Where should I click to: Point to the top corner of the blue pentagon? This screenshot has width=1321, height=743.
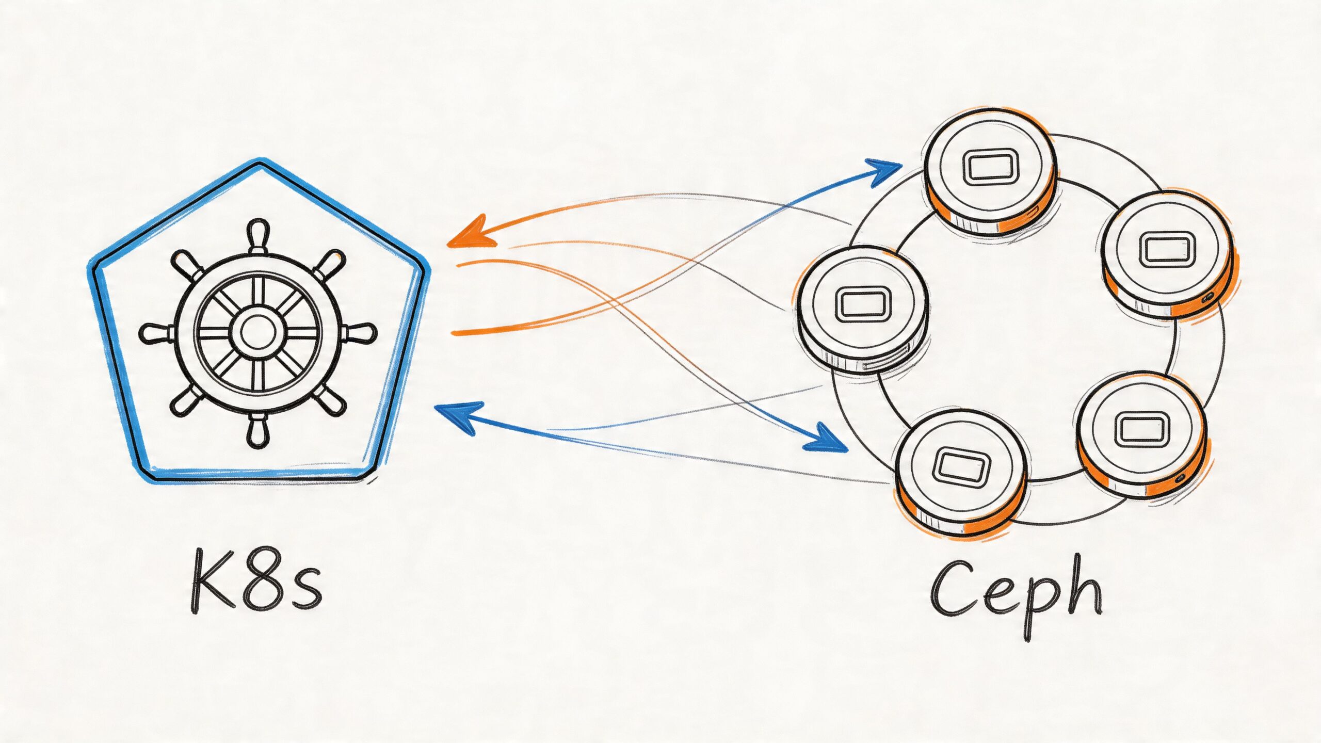pos(260,164)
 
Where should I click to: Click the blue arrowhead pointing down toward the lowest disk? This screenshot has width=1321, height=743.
pos(826,441)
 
